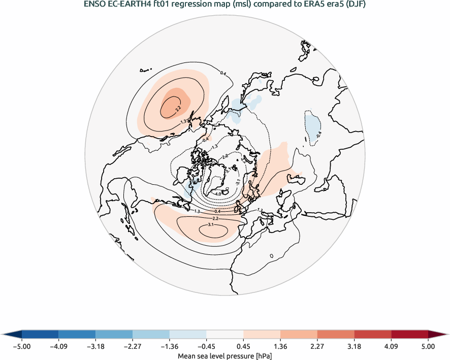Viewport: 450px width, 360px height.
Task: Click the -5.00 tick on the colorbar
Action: pos(22,347)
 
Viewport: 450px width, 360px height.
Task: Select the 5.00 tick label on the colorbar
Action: pos(428,347)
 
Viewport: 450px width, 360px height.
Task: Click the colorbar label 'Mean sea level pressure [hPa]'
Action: pos(225,356)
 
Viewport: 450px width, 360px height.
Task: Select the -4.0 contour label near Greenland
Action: pos(217,193)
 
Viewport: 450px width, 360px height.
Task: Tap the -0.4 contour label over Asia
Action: pos(319,135)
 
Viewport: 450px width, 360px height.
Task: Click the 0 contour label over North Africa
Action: pos(272,255)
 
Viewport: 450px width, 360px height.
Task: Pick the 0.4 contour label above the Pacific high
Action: pos(222,74)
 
